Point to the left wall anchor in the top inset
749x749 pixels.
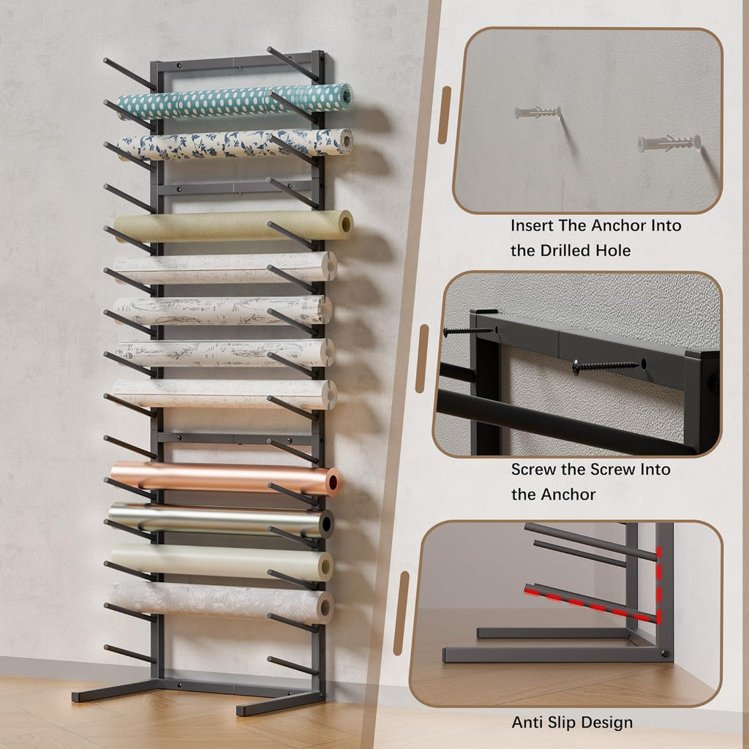tap(537, 112)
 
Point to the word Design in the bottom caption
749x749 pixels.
tap(609, 723)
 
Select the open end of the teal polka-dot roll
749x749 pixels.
tap(346, 95)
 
